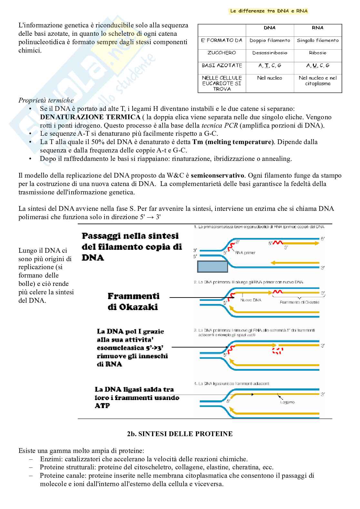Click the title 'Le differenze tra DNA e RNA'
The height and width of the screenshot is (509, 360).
268,11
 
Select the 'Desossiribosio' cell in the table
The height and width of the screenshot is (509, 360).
270,53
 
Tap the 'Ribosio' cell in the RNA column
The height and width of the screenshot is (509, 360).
318,53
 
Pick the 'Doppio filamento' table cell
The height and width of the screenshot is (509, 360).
270,40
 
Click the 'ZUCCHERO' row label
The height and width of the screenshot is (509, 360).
222,53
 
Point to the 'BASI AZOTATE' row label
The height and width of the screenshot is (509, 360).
222,65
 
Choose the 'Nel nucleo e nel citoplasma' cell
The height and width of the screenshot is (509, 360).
318,81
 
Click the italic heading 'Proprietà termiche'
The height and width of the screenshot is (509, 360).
46,100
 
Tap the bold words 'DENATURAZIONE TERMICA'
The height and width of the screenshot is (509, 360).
90,117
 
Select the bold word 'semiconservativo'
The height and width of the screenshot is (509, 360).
217,176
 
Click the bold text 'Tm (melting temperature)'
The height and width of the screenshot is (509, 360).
233,142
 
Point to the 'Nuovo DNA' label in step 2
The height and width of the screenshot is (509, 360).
251,300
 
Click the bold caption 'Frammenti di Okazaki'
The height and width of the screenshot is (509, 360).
133,301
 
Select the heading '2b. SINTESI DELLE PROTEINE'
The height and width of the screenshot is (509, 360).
180,434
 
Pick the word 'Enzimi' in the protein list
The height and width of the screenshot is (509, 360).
49,459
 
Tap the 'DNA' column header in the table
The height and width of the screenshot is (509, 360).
270,28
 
